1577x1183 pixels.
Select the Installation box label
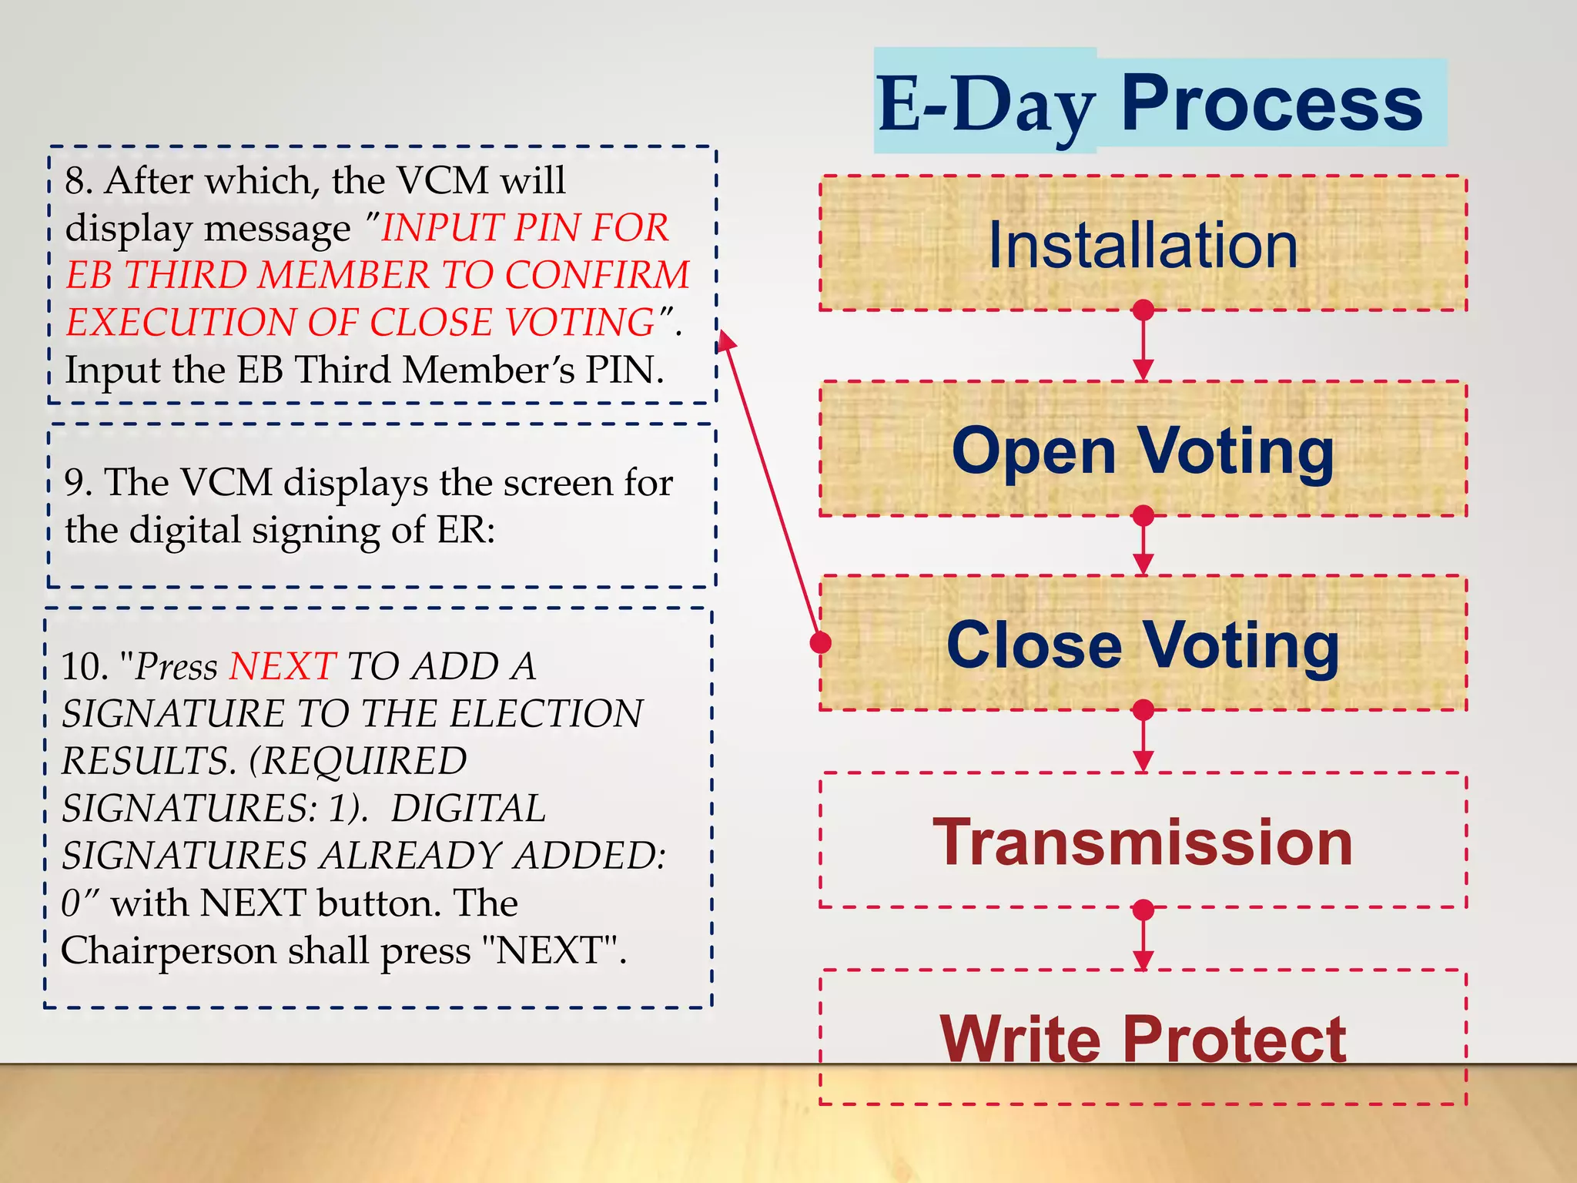pyautogui.click(x=1143, y=245)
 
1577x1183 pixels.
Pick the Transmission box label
pyautogui.click(x=1143, y=843)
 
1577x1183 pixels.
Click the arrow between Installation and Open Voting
pyautogui.click(x=1143, y=344)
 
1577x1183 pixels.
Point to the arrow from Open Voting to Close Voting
pyautogui.click(x=1143, y=544)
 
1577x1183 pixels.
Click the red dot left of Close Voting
pyautogui.click(x=822, y=642)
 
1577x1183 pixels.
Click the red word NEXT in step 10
pyautogui.click(x=283, y=666)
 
